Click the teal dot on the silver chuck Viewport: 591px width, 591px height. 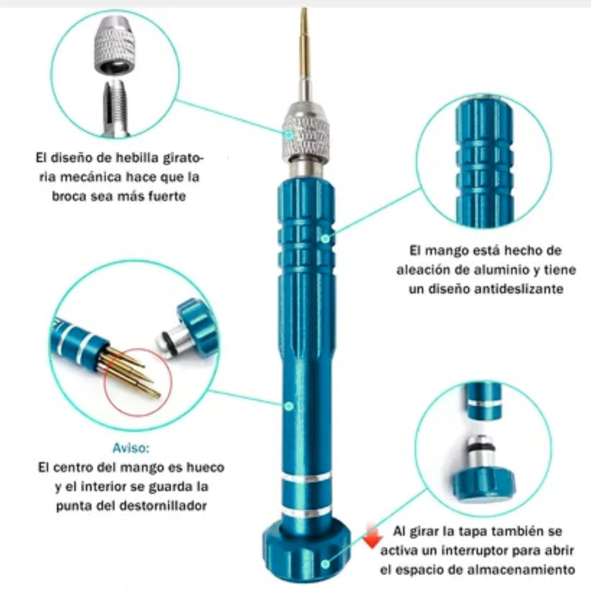point(288,135)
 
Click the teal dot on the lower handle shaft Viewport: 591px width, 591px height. point(288,406)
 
